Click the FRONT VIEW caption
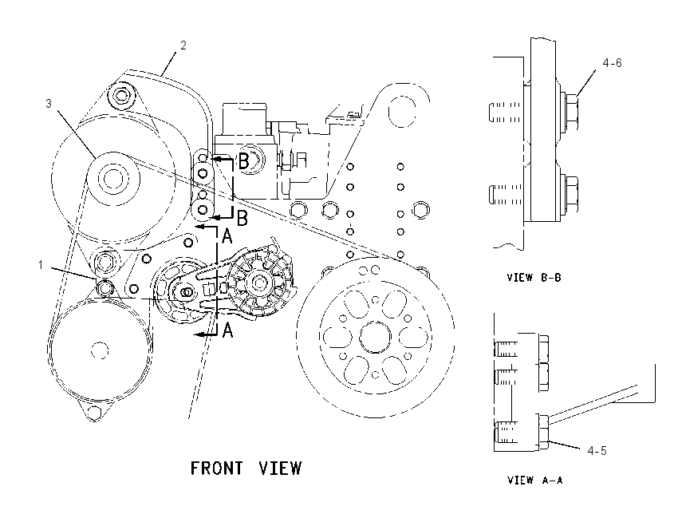click(246, 468)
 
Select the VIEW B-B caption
click(534, 277)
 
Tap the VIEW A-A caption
click(535, 480)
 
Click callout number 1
click(41, 264)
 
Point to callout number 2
click(183, 45)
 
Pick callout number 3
click(49, 104)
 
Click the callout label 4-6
click(613, 63)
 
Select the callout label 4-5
click(597, 451)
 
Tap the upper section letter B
click(244, 161)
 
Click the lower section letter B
click(242, 218)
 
